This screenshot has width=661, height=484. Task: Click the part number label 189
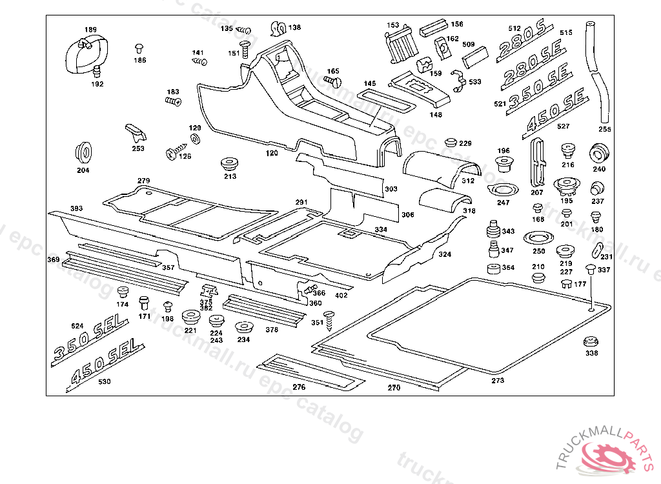click(90, 30)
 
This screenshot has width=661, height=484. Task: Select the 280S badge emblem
click(521, 43)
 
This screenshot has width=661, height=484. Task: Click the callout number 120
click(272, 154)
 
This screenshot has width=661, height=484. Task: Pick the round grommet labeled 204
click(83, 151)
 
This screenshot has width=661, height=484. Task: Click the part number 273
click(498, 381)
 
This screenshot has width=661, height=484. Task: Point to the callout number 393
click(76, 208)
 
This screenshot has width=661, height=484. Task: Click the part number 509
click(469, 45)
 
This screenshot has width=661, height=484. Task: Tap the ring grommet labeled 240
click(599, 155)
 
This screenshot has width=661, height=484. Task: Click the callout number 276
click(299, 387)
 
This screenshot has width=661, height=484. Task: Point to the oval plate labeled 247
click(504, 191)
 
